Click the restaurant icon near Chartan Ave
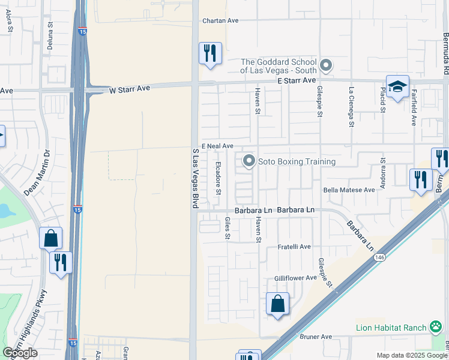tap(210, 53)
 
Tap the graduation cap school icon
tap(397, 88)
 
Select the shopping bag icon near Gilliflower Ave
tap(278, 304)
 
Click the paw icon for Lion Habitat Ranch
tap(436, 327)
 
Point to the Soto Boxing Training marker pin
tap(249, 161)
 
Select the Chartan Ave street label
tap(220, 20)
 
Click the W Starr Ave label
tap(129, 90)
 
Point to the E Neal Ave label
tap(217, 146)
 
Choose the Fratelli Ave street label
tap(294, 247)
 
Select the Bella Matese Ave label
tap(349, 190)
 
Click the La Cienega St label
tap(351, 109)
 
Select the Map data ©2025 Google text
tap(412, 355)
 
